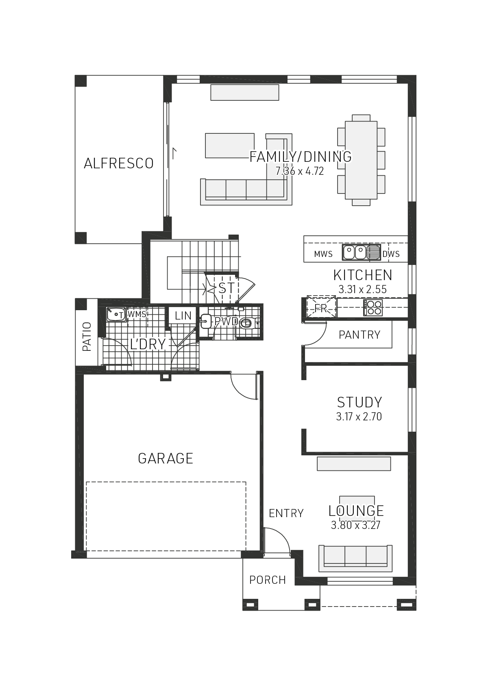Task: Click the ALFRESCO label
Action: coord(118,163)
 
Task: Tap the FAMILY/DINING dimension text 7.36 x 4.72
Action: coord(300,171)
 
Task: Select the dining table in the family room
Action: coord(361,160)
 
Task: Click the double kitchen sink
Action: coord(355,252)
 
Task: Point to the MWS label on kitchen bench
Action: coord(323,254)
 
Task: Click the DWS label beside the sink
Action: coord(391,254)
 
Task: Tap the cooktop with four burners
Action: coord(373,308)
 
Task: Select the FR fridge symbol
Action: coord(321,308)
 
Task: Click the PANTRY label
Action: coord(359,335)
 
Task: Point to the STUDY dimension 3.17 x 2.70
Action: coord(359,417)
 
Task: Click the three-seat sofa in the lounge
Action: coord(355,556)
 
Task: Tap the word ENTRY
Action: coord(286,513)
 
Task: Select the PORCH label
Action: coord(268,580)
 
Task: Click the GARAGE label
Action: coord(166,459)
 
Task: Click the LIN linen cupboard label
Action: coord(183,316)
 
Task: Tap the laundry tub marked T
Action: coord(116,314)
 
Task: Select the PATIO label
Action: coord(87,337)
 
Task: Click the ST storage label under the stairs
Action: coord(226,288)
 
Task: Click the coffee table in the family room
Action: coord(230,145)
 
